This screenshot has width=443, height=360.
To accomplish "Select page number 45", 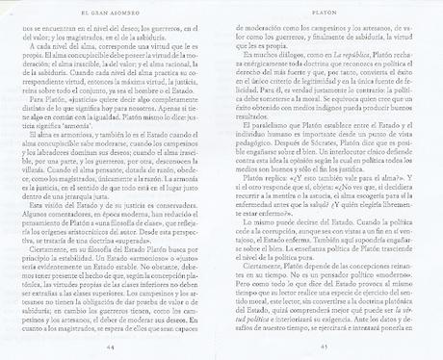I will [332, 346].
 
